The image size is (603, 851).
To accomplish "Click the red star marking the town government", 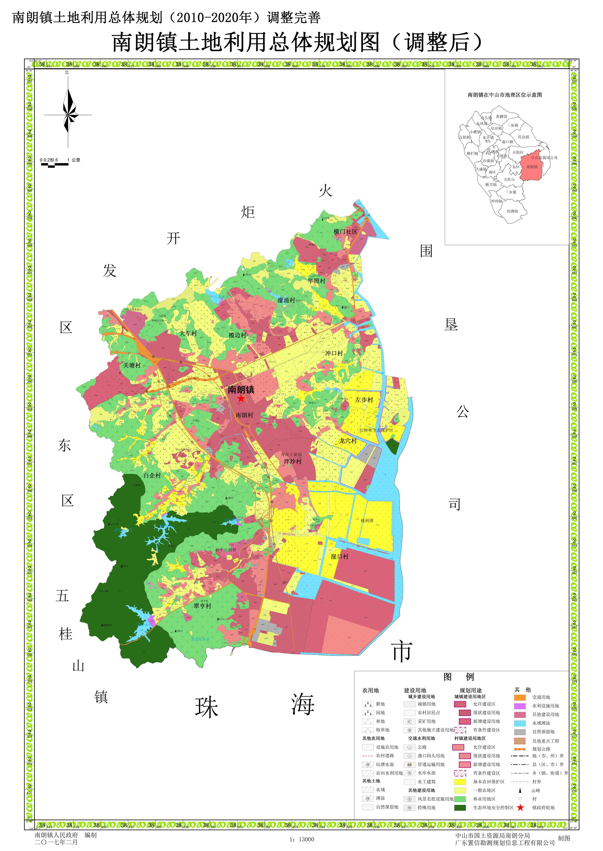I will click(x=241, y=399).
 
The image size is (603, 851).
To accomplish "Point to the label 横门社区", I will click(x=345, y=232).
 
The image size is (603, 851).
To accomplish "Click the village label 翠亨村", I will click(x=202, y=606).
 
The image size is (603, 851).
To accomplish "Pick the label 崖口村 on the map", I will click(x=340, y=557).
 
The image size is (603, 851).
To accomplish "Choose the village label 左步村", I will click(x=364, y=400).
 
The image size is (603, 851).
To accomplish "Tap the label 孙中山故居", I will click(x=226, y=550).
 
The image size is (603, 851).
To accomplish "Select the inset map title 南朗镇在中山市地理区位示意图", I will click(x=505, y=95).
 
